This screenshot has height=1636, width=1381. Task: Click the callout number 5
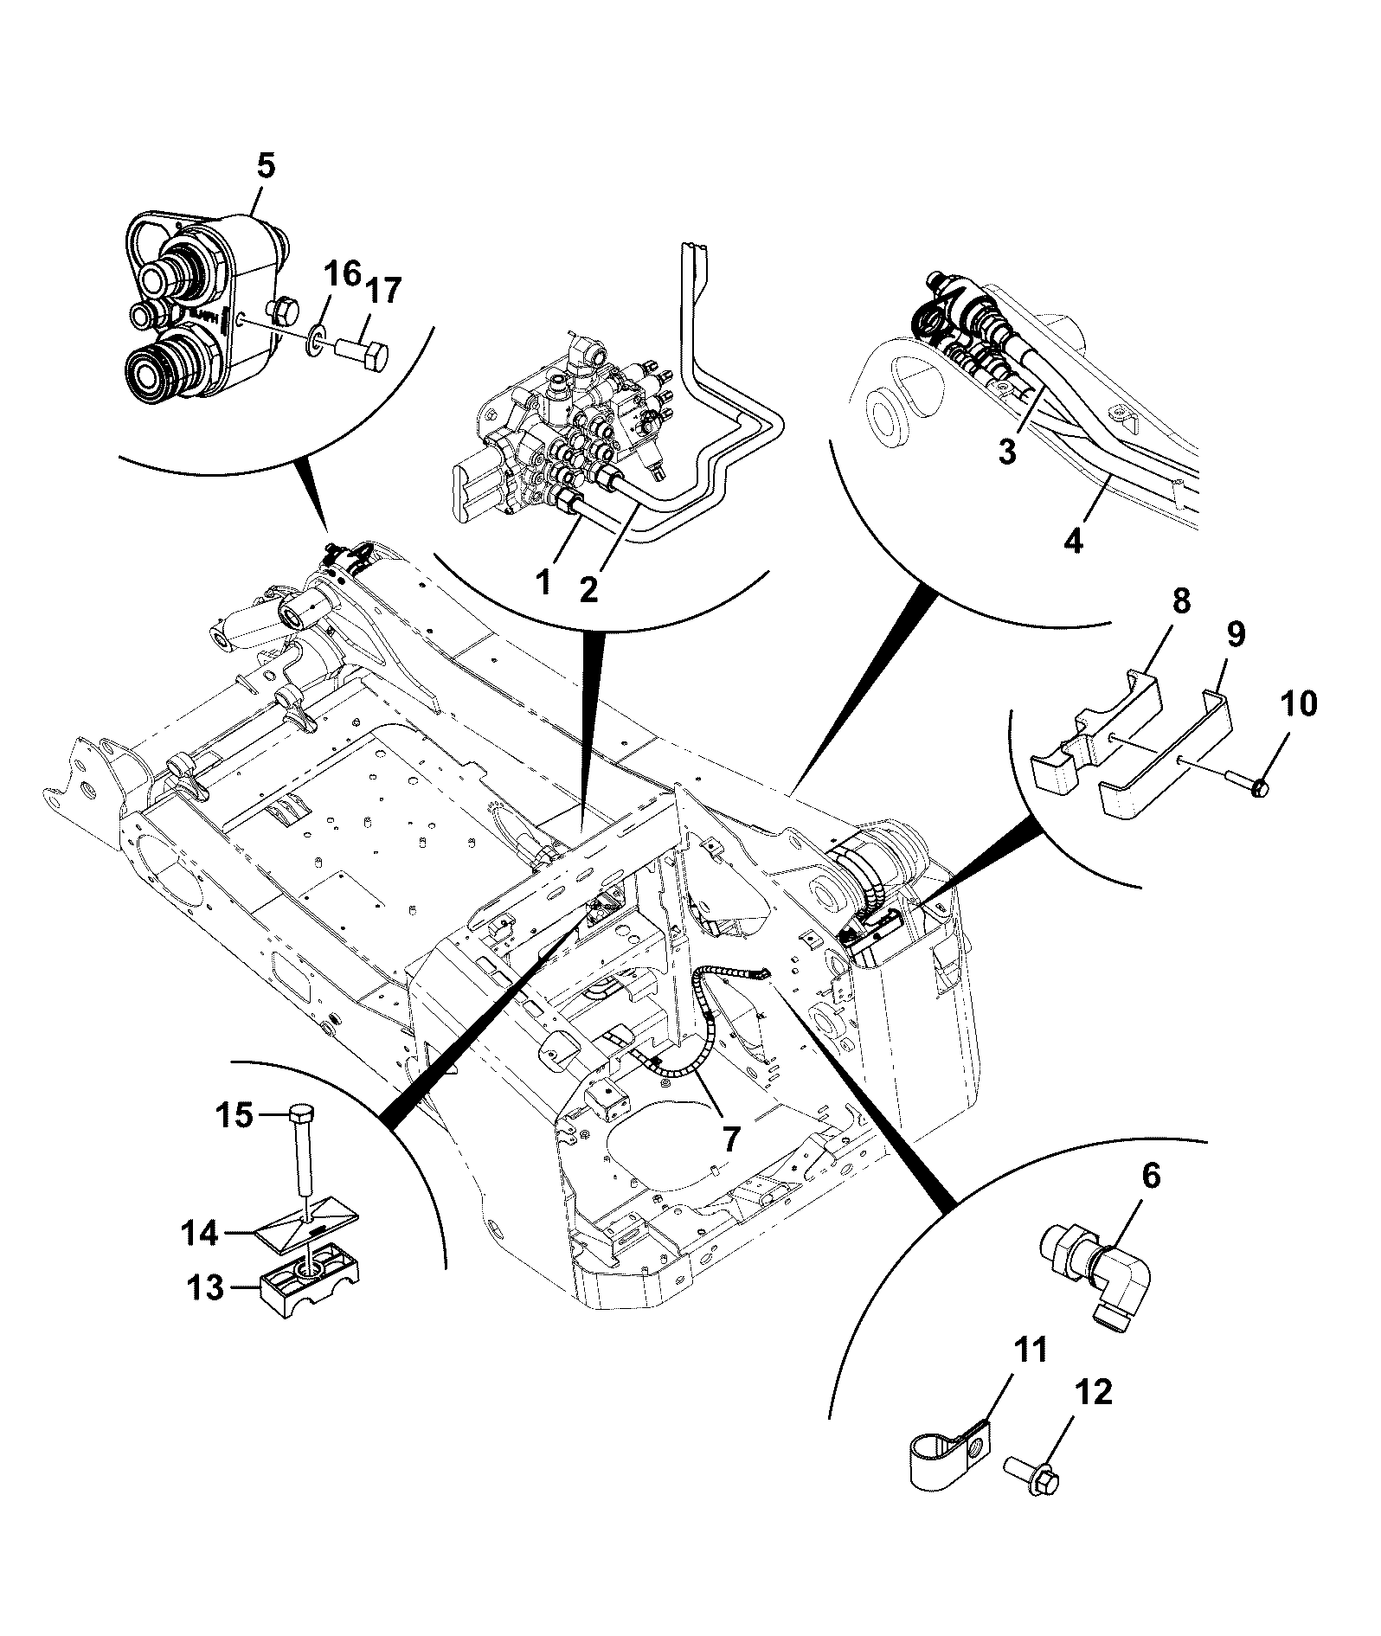point(266,165)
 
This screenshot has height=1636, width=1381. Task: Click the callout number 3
point(1007,452)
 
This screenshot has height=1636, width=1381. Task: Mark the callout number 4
point(1073,542)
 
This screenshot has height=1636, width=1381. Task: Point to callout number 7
point(731,1139)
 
